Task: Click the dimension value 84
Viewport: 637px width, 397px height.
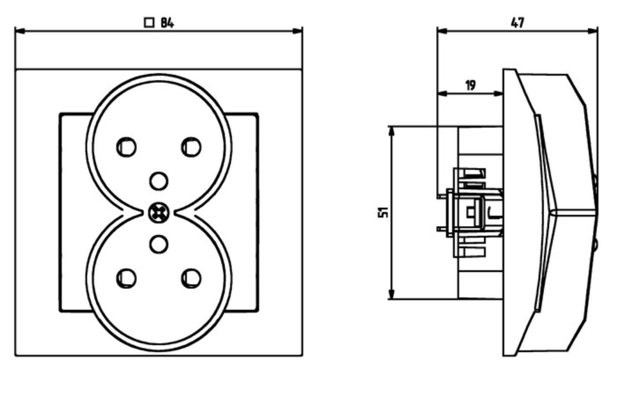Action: (167, 23)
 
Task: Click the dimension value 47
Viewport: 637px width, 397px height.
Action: (517, 23)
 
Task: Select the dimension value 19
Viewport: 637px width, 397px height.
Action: (470, 85)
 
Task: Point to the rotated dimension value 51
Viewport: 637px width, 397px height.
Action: (383, 213)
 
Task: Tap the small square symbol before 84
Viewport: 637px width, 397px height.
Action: (149, 23)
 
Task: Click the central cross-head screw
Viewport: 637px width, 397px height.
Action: (159, 213)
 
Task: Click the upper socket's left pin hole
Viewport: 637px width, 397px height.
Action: (126, 147)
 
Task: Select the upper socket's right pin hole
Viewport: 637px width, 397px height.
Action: (191, 147)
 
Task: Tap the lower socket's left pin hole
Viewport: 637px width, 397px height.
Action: (126, 278)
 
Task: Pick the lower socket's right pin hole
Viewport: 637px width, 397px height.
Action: (191, 278)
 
